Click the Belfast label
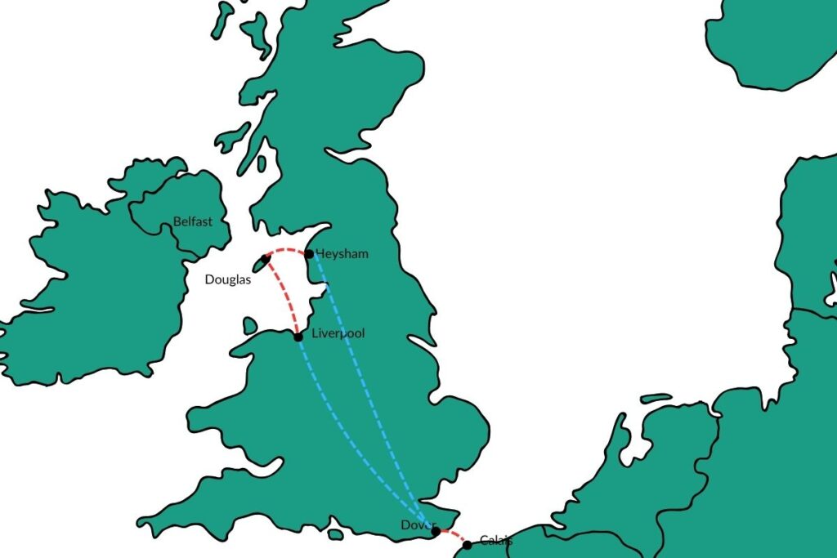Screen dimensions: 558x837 (x=193, y=221)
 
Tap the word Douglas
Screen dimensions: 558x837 (x=227, y=279)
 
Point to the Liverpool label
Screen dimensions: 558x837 (x=338, y=333)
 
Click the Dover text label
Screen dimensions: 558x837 (x=414, y=525)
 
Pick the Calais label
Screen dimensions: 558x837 (x=496, y=540)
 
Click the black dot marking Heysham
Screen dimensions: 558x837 (x=309, y=254)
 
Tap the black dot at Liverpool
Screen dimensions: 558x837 (x=298, y=337)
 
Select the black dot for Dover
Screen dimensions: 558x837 (x=436, y=531)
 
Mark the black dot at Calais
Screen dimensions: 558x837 (x=467, y=545)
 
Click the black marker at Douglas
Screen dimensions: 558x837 (x=266, y=259)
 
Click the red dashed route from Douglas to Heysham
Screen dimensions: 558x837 (x=287, y=249)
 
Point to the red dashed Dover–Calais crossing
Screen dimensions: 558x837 (x=451, y=537)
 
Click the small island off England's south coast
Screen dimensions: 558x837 (x=335, y=534)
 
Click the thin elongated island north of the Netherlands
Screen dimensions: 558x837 (x=655, y=399)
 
